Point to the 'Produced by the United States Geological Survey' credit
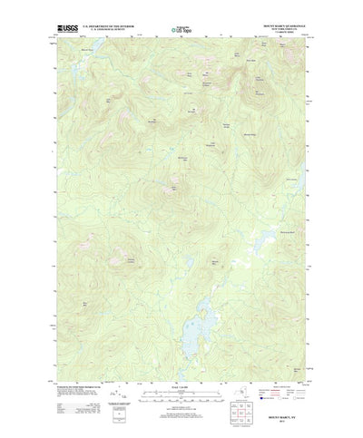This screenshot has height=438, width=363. (x=77, y=382)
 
